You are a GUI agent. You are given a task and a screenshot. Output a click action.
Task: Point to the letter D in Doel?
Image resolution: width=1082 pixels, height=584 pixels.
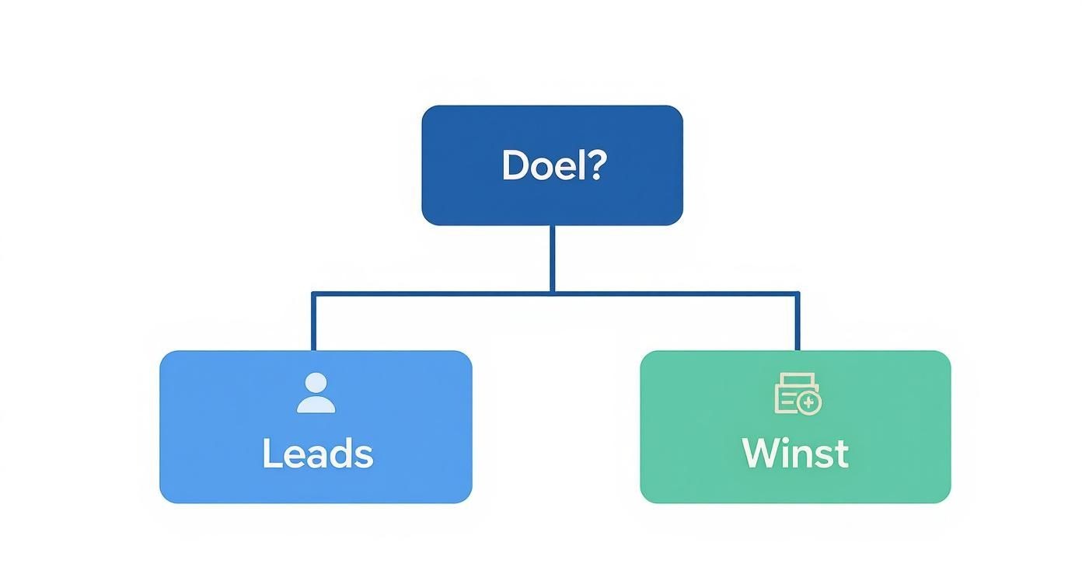[515, 165]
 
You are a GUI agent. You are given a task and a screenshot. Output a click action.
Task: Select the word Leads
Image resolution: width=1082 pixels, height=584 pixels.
[317, 454]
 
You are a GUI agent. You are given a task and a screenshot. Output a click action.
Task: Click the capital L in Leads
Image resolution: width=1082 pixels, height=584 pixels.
[270, 454]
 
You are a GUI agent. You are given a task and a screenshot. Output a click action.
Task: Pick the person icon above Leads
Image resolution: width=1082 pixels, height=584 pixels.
[316, 393]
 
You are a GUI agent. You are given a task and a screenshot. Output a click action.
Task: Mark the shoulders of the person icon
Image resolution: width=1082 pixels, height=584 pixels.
[316, 405]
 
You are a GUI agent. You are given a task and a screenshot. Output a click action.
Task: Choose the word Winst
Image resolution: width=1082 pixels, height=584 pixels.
[795, 454]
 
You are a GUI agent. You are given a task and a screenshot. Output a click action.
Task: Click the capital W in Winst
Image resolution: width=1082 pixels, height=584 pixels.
[759, 454]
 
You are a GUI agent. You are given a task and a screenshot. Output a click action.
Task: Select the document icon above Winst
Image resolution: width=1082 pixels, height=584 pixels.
[798, 393]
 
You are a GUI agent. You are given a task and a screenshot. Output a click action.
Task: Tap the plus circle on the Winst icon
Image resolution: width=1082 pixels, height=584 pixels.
[809, 403]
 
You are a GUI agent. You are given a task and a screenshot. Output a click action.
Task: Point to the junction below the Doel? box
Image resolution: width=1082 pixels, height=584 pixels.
[552, 293]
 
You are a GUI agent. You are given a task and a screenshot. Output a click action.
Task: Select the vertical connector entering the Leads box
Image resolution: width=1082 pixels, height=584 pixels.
[313, 322]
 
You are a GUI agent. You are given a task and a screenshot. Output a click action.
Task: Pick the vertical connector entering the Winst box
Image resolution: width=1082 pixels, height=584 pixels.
[798, 322]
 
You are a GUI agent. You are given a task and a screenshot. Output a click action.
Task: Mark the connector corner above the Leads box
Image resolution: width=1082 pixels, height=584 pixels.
[313, 294]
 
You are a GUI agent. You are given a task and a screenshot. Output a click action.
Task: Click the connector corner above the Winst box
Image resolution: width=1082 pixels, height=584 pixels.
[798, 294]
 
